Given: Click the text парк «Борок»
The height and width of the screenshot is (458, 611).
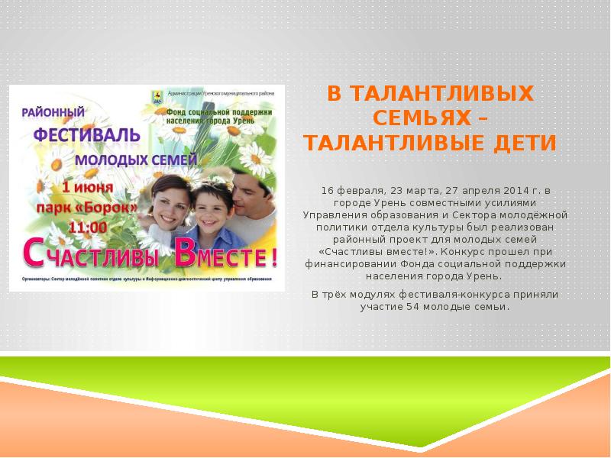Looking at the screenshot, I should click(89, 207).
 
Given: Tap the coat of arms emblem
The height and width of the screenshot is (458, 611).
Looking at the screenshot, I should click(157, 97).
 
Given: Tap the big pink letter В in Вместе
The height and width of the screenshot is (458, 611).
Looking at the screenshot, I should click(184, 254).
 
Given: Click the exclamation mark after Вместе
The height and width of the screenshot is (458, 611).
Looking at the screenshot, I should click(272, 256).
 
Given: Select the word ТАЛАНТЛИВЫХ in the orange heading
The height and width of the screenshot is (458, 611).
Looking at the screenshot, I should click(430, 95).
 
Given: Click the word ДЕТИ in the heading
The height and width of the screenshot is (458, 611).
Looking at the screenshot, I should click(522, 143).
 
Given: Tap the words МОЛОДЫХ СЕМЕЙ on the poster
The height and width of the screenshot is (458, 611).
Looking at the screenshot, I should click(136, 161).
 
